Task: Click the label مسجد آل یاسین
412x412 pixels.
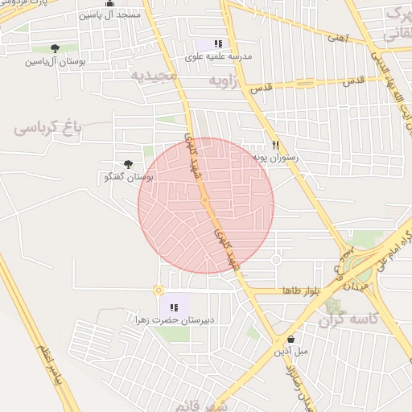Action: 110,15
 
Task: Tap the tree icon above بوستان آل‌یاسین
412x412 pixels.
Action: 55,48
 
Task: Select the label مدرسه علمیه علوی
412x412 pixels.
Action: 218,56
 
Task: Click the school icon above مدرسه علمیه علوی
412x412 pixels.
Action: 218,43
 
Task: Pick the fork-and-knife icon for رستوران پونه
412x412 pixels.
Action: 275,145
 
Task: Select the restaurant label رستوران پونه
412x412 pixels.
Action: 275,158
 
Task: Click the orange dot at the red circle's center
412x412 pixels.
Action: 205,200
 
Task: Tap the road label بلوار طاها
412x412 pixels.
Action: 302,290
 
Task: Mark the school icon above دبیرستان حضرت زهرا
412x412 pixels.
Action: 174,307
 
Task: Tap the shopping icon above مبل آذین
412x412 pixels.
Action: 290,339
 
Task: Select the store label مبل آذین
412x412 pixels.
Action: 290,352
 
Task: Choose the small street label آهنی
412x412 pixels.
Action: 338,36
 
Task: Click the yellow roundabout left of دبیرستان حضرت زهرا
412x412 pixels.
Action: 159,290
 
